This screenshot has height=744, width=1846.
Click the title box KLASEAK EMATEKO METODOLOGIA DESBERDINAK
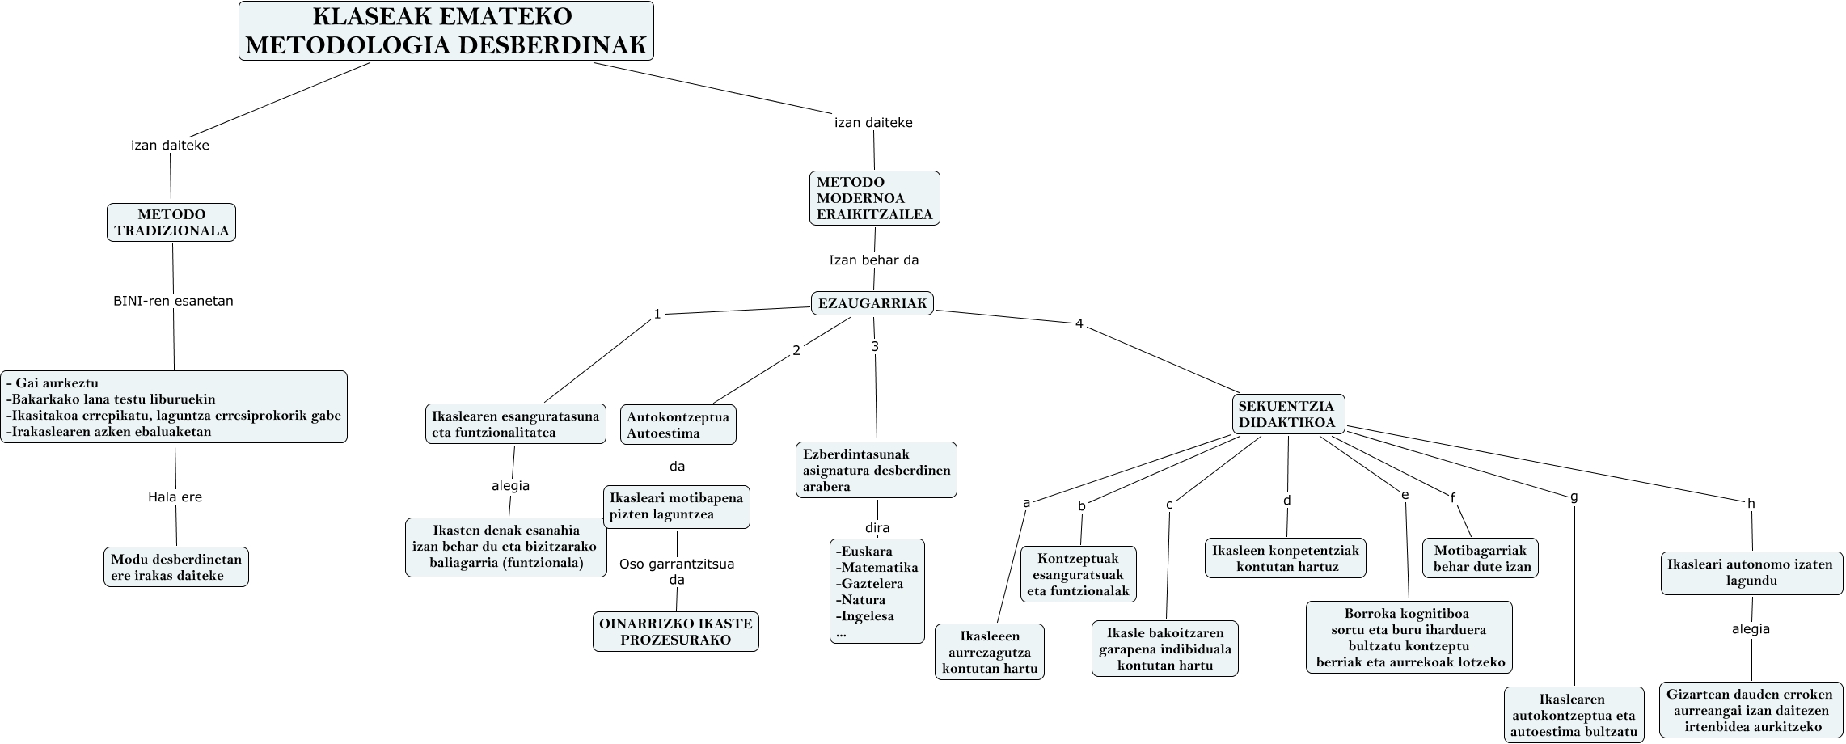[446, 31]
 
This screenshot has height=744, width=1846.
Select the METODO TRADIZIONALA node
[171, 222]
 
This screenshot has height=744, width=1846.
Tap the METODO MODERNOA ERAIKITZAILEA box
[874, 198]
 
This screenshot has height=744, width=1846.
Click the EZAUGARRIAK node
[872, 303]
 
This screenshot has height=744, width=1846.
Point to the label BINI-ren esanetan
[173, 301]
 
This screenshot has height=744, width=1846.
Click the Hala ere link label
[175, 497]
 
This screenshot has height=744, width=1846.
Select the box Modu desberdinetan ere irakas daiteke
[176, 567]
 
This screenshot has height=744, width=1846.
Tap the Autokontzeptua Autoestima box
[678, 425]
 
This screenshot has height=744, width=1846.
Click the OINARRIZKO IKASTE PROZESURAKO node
[675, 632]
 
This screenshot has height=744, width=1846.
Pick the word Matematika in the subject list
[880, 567]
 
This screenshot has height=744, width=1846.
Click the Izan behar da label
[873, 260]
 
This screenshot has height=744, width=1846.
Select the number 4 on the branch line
[1079, 323]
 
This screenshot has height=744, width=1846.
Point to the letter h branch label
[1751, 504]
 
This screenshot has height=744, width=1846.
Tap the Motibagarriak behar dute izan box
[1481, 558]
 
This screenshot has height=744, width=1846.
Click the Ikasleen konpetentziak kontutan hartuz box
[1285, 558]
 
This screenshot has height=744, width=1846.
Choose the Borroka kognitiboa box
[1409, 637]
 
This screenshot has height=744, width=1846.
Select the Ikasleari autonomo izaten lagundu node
[1751, 573]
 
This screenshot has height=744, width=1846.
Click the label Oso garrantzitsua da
[677, 572]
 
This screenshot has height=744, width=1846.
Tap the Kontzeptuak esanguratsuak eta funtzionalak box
[1078, 574]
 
